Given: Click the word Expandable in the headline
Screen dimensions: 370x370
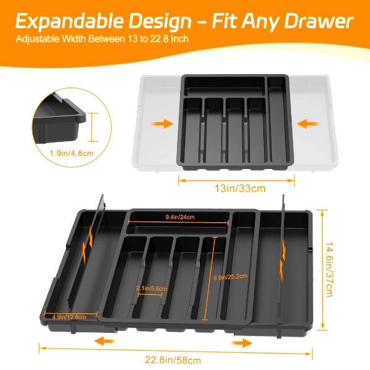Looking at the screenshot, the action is point(70,21).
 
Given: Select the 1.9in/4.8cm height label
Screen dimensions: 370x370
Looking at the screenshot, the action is point(72,154).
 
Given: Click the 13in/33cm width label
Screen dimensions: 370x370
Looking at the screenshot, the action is point(240,188).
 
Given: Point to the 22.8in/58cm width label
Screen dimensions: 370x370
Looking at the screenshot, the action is point(173,360).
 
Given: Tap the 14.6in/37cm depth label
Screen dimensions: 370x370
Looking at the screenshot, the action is point(329,269).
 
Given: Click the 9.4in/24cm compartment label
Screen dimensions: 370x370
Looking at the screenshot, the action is point(180,217).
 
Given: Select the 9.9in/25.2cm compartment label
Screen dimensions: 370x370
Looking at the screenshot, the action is point(230,277).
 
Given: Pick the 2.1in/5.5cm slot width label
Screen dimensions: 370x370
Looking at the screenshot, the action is point(152,289).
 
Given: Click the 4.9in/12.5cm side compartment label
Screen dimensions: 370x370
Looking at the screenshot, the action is point(69,317).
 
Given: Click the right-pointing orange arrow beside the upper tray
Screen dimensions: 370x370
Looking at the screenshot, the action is point(162,124).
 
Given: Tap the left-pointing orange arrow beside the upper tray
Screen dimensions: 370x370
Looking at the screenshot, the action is point(308,124).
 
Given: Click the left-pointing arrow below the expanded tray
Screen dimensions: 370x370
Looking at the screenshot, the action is point(104,341).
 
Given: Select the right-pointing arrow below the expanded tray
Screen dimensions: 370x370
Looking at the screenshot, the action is point(242,343).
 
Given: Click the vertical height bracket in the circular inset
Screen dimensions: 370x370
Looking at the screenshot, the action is point(93,127).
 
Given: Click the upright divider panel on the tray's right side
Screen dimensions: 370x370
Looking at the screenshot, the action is point(282,265).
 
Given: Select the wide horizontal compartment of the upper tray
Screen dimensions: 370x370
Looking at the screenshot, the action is point(224,86).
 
